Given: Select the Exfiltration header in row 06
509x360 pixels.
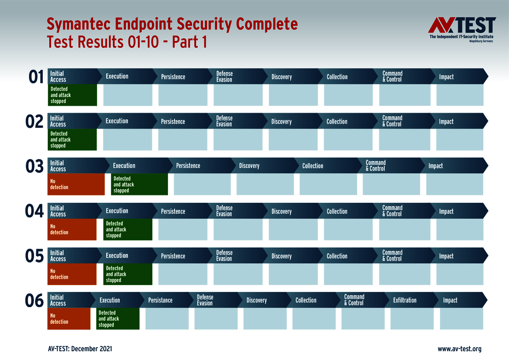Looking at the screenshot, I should click(x=405, y=300).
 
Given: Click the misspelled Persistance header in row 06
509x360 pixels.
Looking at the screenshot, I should click(x=160, y=300).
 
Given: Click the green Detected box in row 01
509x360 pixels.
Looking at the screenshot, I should click(x=72, y=95).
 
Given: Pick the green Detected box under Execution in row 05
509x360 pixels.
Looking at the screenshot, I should click(x=127, y=274).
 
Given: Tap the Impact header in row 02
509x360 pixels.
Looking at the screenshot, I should click(x=446, y=121).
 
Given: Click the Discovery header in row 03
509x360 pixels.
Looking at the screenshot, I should click(x=249, y=166).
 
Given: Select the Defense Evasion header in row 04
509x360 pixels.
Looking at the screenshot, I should click(x=224, y=211).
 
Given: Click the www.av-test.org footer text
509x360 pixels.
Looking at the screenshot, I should click(x=459, y=349).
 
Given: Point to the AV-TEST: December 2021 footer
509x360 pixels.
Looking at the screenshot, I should click(x=80, y=349).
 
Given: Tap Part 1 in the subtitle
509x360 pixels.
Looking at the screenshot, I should click(x=189, y=42).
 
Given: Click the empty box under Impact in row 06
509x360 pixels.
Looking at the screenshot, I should click(x=461, y=319).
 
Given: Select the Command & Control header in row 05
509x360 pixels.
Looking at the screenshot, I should click(x=392, y=256).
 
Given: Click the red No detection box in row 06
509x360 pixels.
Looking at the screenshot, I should click(x=69, y=319).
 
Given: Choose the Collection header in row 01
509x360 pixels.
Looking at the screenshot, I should click(x=337, y=77).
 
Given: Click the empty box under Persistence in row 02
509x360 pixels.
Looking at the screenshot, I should click(x=183, y=140).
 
